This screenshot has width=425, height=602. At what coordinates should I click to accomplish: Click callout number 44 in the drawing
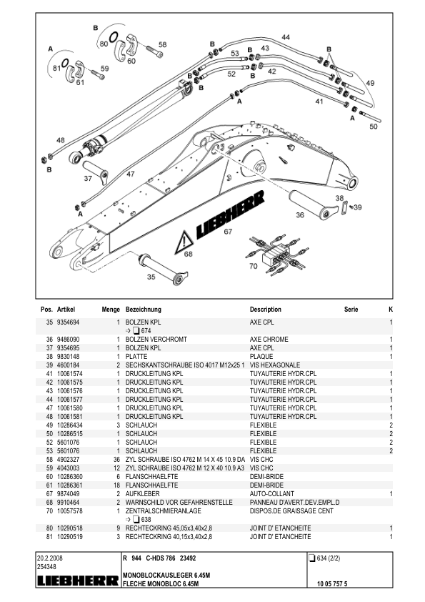tap(286, 36)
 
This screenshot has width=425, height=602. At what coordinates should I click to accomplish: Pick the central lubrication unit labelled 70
tap(274, 252)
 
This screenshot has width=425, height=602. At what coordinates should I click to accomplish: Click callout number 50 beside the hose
tap(374, 127)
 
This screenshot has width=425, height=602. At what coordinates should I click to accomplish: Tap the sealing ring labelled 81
tap(59, 66)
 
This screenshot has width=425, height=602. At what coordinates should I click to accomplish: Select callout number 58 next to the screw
tap(162, 45)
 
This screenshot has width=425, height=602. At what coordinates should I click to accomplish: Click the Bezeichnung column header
tap(144, 310)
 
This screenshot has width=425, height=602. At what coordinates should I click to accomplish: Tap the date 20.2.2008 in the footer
tap(50, 556)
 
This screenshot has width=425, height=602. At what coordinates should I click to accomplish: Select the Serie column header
tap(351, 310)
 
